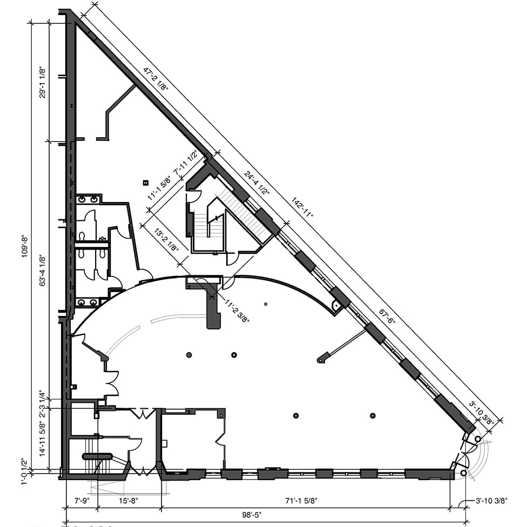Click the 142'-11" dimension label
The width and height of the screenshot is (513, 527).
[x=302, y=208]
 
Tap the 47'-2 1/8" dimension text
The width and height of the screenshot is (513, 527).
[x=156, y=79]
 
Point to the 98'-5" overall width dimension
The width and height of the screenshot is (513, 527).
[x=252, y=515]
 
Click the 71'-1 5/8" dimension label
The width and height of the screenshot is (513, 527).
[x=301, y=501]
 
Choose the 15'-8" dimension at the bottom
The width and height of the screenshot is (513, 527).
[x=129, y=501]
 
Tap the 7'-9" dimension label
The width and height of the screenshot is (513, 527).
[x=82, y=501]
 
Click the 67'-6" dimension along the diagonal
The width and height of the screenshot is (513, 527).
[x=387, y=316]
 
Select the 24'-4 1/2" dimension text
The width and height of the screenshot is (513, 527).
[x=257, y=184]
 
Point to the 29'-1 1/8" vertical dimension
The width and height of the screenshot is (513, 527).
[x=42, y=82]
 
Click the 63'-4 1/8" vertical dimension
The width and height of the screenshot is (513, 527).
[x=42, y=270]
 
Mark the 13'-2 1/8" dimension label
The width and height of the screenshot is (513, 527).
[x=166, y=240]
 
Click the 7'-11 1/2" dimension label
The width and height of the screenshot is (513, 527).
[x=185, y=162]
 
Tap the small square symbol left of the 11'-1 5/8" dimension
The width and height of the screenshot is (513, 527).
[x=146, y=183]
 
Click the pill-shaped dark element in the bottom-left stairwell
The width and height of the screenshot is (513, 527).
[x=98, y=456]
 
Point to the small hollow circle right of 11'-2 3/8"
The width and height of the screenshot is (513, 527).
[x=266, y=304]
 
